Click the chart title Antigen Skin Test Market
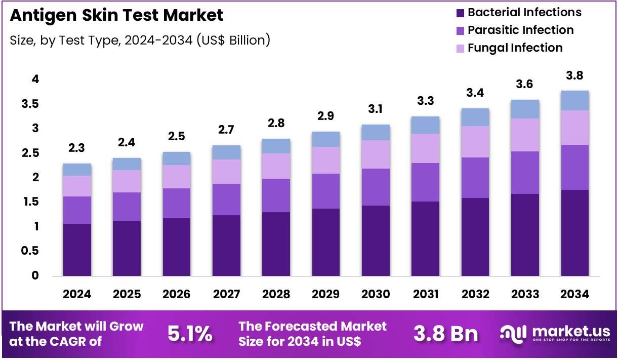click(116, 15)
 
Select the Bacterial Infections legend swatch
click(460, 13)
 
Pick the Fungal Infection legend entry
click(509, 48)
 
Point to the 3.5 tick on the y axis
click(29, 104)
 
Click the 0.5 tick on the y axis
click(29, 251)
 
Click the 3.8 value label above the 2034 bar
click(574, 76)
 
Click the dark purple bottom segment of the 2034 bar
click(574, 233)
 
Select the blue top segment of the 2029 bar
click(326, 139)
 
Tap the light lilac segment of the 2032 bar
click(475, 142)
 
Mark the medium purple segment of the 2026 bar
click(177, 203)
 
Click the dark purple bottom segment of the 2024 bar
click(77, 250)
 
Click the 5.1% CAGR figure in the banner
click(190, 334)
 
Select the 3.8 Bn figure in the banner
click(445, 334)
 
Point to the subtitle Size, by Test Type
click(140, 40)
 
